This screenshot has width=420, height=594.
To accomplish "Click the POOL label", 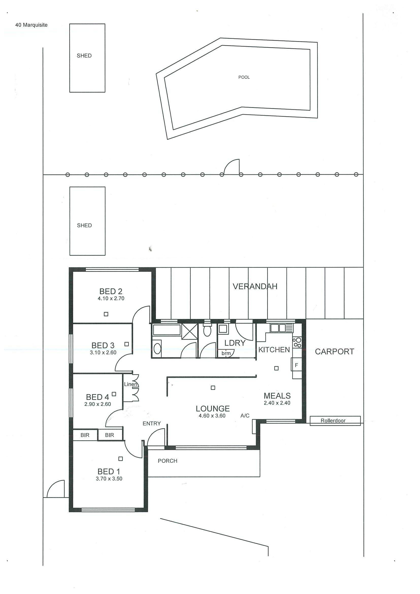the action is (x=244, y=77).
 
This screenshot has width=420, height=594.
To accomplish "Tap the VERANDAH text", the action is (x=255, y=286).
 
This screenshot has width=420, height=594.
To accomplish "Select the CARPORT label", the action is (x=334, y=352).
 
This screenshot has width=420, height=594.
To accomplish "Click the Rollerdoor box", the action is (x=335, y=421).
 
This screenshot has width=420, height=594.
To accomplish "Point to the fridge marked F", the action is (x=297, y=365).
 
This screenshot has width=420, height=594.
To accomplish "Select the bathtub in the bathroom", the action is (x=167, y=330).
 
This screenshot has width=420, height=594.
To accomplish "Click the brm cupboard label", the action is (x=226, y=353).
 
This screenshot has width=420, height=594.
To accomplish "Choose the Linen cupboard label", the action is (x=131, y=384).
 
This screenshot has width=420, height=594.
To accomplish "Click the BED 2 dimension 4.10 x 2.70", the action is (x=111, y=298).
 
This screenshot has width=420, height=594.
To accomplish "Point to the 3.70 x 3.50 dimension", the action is (x=109, y=478).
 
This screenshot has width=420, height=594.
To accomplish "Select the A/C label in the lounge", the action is (x=245, y=416).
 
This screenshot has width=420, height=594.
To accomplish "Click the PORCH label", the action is (x=167, y=461).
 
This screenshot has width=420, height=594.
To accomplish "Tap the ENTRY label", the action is (x=152, y=423).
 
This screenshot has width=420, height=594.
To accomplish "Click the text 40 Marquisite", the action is (x=31, y=25).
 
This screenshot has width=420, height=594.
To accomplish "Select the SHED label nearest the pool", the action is (x=84, y=56).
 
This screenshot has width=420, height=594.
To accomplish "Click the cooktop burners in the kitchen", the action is (x=297, y=342).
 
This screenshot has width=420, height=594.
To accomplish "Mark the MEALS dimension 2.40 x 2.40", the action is (x=277, y=403).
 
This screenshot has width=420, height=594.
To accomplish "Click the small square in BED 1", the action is (x=120, y=459).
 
